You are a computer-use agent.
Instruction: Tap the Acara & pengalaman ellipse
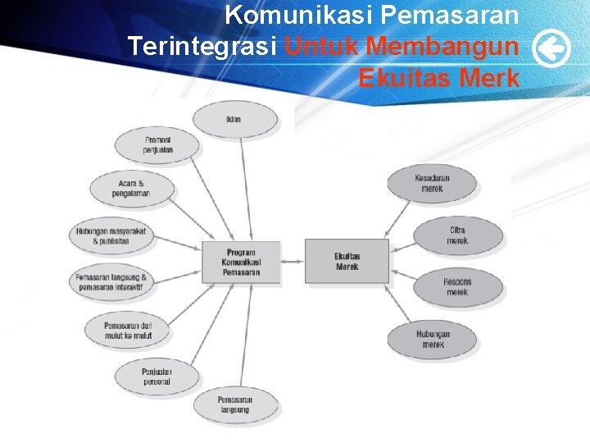tap(131, 188)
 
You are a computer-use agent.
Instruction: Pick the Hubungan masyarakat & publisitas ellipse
tap(111, 236)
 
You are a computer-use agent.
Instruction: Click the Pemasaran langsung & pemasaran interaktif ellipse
tap(111, 281)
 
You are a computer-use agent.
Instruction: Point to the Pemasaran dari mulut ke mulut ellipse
tap(128, 331)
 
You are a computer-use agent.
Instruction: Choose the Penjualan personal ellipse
tap(156, 377)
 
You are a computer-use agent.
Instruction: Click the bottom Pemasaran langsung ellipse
tap(234, 404)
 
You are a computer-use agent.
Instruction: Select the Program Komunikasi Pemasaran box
tap(241, 263)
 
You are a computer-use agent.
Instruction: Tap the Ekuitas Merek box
tap(347, 261)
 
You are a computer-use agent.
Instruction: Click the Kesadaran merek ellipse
tap(432, 183)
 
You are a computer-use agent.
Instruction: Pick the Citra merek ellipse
tap(456, 235)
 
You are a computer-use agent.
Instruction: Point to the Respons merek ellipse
tap(456, 287)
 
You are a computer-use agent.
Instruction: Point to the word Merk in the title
tap(489, 78)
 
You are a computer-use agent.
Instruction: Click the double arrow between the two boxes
tap(293, 262)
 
